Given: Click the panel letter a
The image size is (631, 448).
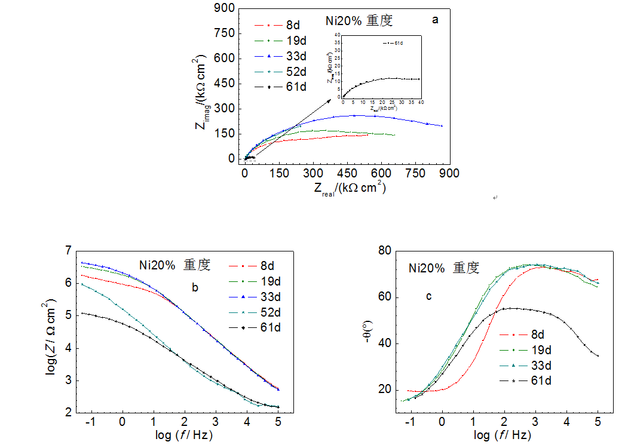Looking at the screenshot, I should [435, 20].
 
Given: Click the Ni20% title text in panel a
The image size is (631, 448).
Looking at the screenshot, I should [359, 21].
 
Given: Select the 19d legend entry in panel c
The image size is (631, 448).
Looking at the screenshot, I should [537, 350].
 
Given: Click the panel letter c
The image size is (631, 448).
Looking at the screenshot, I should [428, 296].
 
